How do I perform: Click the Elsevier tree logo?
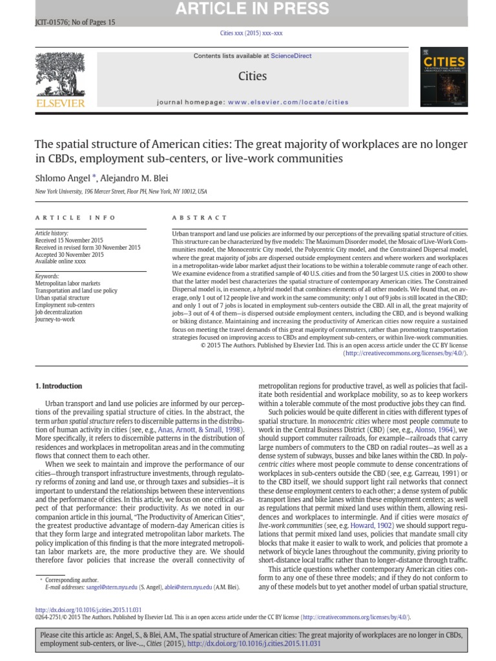point(60,79)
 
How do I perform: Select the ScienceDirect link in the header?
point(291,56)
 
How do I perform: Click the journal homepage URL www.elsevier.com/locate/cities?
point(287,102)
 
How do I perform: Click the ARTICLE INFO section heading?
point(76,218)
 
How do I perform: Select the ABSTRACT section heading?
point(200,218)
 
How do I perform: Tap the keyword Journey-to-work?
point(55,319)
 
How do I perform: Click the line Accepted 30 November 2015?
point(69,254)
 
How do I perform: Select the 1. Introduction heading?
point(58,386)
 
